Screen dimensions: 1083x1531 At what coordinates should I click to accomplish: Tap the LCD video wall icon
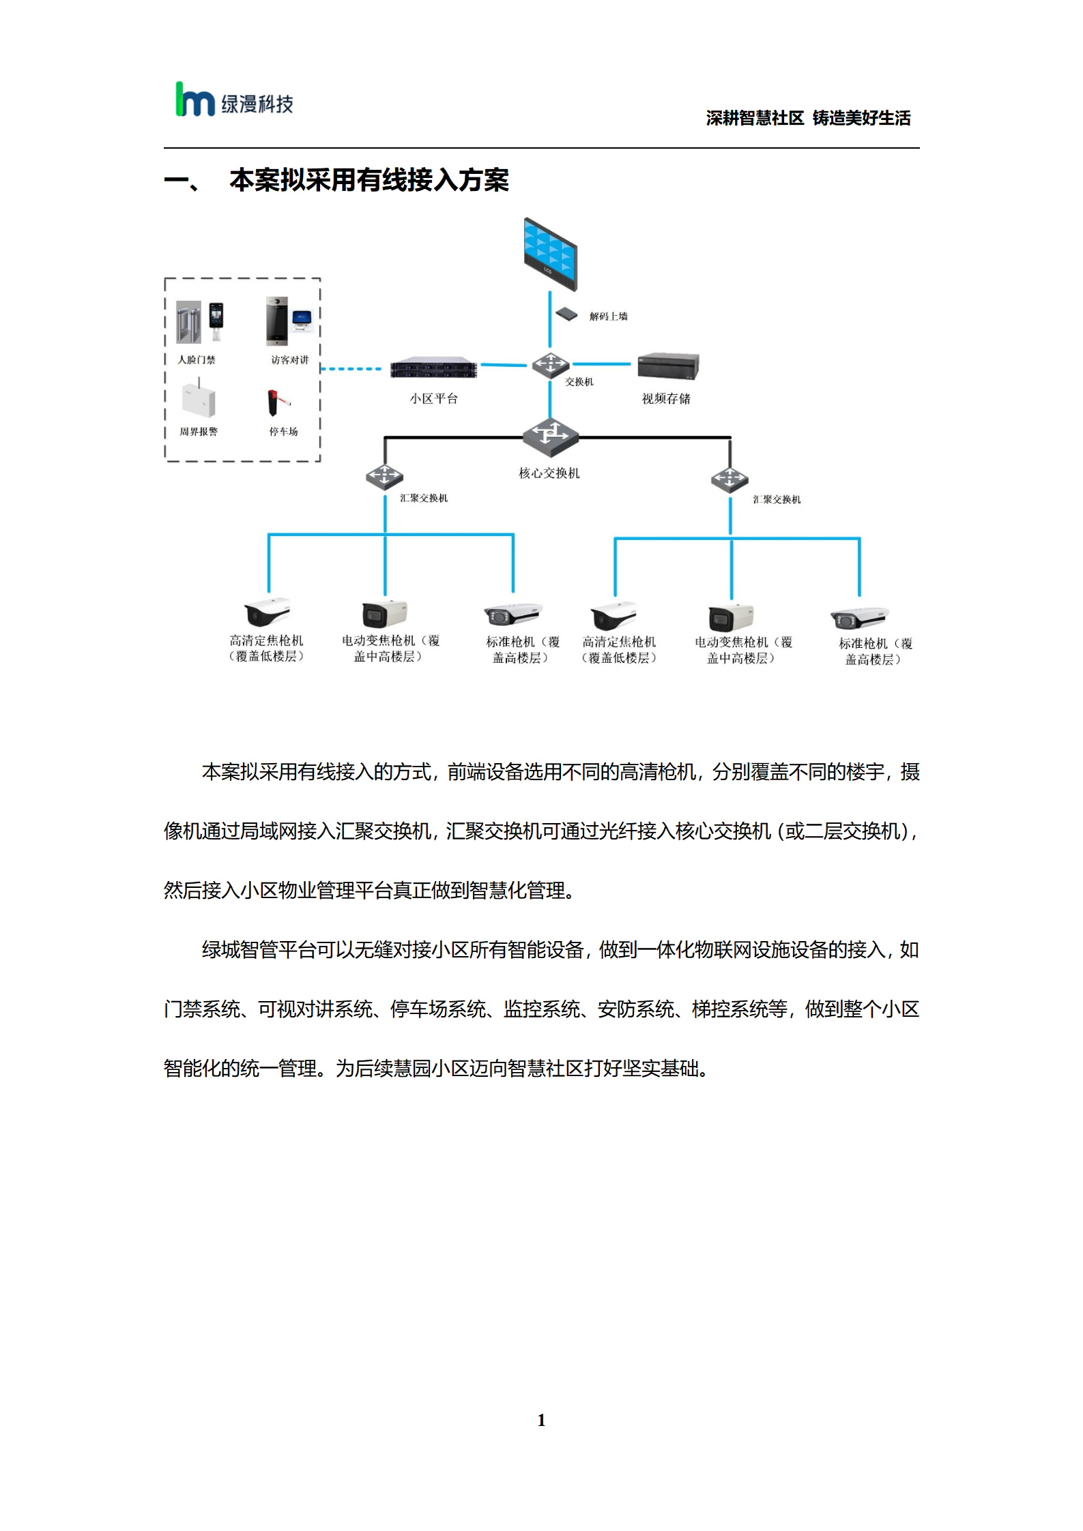coord(550,253)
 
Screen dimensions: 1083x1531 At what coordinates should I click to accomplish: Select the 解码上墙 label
coord(609,316)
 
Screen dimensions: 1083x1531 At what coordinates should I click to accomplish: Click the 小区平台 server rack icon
coord(433,368)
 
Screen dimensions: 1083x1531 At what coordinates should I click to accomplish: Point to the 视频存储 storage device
coord(668,366)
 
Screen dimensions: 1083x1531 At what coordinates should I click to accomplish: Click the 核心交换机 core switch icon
coord(551,437)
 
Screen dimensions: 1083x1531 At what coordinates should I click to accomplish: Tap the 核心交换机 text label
coord(549,473)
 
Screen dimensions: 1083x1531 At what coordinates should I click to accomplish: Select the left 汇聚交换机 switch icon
coord(384,477)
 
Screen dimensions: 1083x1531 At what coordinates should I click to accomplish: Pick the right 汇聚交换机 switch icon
coord(730,480)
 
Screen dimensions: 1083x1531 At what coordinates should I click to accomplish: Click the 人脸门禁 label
coord(197,359)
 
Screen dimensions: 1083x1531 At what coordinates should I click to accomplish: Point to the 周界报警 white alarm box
coord(199,399)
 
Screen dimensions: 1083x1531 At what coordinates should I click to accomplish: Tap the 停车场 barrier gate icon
coord(278,402)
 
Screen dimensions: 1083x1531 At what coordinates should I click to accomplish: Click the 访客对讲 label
coord(290,359)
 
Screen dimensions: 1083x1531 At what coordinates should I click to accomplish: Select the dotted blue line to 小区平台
coord(351,369)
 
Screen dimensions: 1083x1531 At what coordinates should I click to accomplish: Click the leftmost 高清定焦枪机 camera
coord(267,612)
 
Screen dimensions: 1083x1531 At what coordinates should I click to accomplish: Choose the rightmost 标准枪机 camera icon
coord(859,618)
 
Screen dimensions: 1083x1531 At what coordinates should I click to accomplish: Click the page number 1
coord(541,1420)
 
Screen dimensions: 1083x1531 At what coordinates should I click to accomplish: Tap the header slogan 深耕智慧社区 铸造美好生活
coord(808,118)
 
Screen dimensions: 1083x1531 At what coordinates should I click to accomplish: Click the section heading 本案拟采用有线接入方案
coord(369,180)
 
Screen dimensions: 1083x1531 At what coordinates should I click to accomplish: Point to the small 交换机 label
coord(579,382)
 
